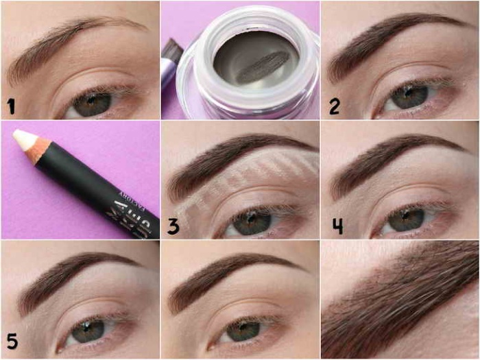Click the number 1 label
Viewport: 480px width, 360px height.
tap(10, 106)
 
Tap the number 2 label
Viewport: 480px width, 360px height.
tap(334, 106)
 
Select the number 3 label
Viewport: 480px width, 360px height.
tap(173, 226)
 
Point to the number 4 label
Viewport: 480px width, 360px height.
tap(336, 226)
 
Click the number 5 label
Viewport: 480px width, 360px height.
tap(12, 340)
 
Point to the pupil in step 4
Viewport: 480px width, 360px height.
tap(400, 219)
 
